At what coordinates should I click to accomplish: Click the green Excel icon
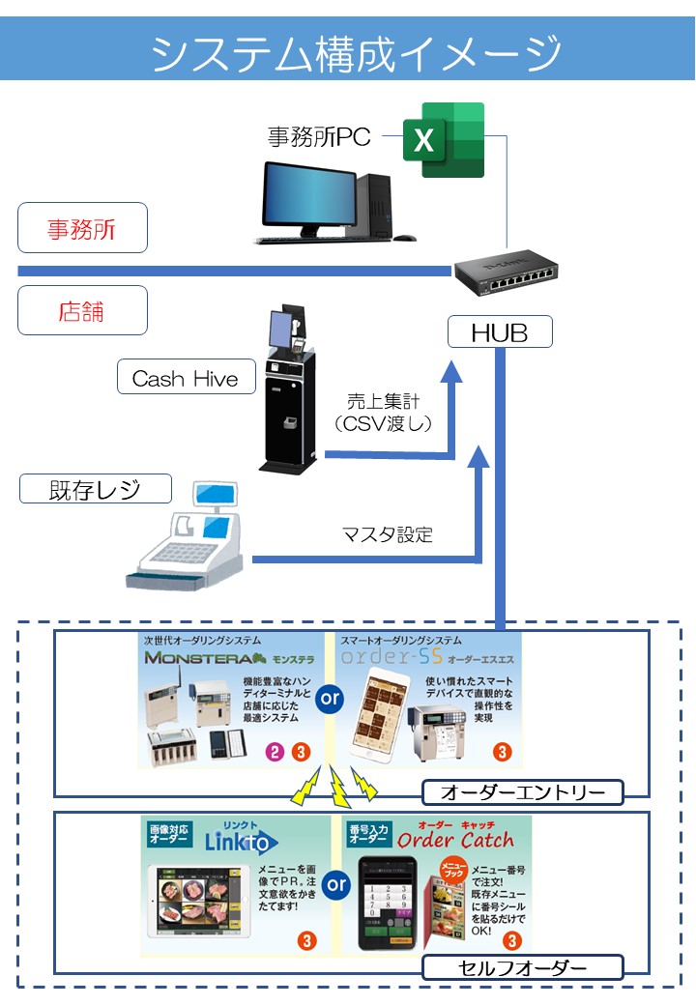[444, 140]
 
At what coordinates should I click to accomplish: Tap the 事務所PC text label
[319, 137]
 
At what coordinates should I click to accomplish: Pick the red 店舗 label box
[82, 311]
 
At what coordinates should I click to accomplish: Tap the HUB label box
[499, 333]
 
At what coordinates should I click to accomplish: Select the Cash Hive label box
[185, 378]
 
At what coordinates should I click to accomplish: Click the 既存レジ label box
[95, 489]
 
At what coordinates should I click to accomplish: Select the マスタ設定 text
[387, 534]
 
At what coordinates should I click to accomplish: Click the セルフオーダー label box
[522, 966]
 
